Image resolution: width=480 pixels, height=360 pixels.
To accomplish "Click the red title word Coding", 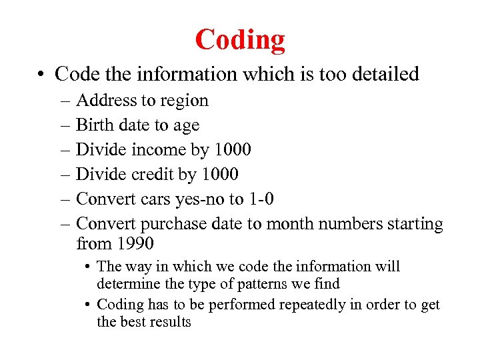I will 240,40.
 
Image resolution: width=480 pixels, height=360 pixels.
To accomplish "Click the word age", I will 187,125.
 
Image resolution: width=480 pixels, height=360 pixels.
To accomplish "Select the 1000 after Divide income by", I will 232,149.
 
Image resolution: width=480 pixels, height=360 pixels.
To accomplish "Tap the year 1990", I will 135,242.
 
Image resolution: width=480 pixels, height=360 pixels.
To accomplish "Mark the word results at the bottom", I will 169,322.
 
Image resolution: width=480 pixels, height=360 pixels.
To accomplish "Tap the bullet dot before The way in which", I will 88,267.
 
